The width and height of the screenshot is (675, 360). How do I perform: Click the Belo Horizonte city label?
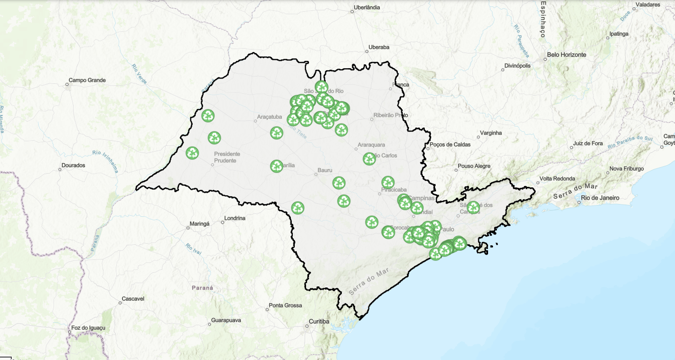(x=566, y=55)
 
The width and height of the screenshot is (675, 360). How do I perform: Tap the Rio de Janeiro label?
(x=599, y=198)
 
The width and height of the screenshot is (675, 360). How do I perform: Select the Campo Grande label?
(x=87, y=80)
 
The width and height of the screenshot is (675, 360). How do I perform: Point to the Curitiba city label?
(x=319, y=322)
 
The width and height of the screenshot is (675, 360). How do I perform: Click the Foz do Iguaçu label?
(x=88, y=328)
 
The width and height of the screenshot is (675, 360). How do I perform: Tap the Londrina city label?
(x=234, y=218)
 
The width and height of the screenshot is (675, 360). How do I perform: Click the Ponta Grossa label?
(x=286, y=306)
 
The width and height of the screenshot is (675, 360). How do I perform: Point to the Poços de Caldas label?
(x=450, y=145)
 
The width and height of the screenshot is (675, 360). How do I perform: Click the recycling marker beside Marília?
(x=277, y=166)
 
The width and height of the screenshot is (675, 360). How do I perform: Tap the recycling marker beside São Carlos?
(x=369, y=159)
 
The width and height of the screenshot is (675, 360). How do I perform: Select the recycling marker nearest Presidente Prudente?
(x=192, y=153)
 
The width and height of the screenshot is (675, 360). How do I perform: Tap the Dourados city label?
(x=73, y=166)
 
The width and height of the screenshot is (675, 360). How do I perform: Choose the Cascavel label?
(x=133, y=299)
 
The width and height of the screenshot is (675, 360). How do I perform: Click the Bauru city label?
(x=325, y=170)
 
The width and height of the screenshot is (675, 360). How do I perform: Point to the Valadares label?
(x=649, y=4)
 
